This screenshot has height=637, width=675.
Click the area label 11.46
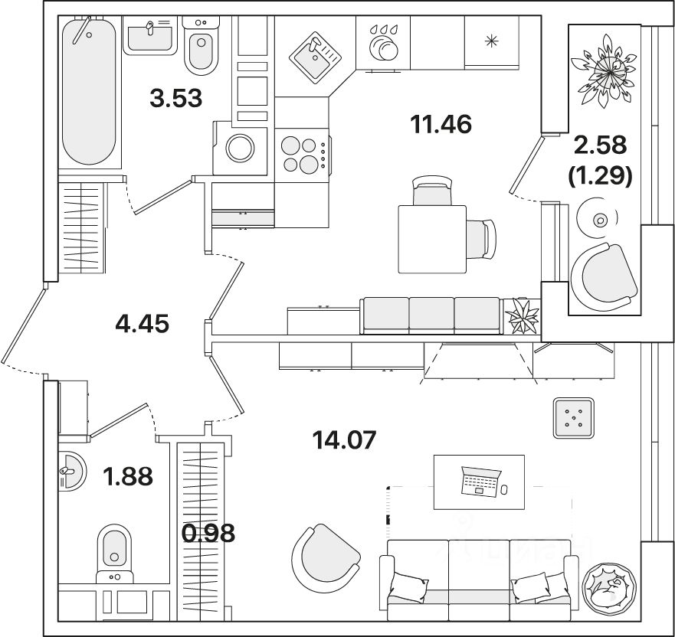[x=440, y=123]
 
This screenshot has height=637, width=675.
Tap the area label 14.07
[x=344, y=440]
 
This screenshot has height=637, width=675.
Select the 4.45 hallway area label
[x=141, y=323]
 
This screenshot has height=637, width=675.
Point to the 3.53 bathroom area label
[x=175, y=98]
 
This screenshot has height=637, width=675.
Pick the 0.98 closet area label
[x=209, y=532]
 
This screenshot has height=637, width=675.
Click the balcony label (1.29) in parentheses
[x=600, y=177]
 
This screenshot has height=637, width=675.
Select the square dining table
[x=432, y=239]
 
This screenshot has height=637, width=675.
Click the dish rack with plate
[x=382, y=44]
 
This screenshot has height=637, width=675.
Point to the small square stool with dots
[x=573, y=418]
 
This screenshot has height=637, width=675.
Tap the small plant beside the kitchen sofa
[x=524, y=315]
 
